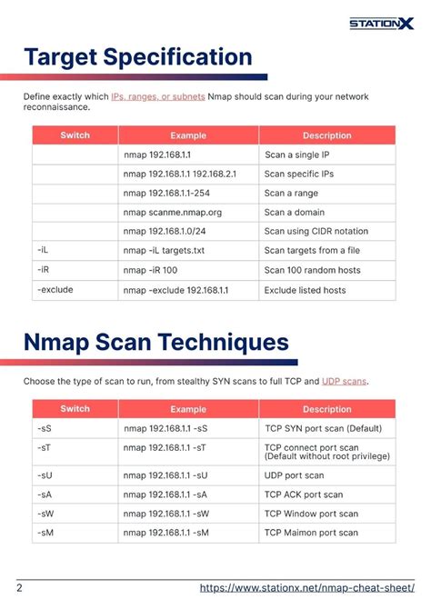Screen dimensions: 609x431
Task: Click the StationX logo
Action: [x=381, y=23]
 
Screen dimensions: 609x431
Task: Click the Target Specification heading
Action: [x=138, y=57]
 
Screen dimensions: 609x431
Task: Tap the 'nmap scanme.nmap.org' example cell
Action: [x=172, y=212]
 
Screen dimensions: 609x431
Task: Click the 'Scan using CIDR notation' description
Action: [x=316, y=231]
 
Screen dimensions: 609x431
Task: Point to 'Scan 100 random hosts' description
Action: [x=312, y=270]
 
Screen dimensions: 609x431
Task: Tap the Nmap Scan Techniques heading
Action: [x=156, y=343]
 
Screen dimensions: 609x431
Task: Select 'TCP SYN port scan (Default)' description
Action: [x=323, y=427]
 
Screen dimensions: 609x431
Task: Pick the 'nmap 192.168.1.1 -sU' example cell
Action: [x=165, y=474]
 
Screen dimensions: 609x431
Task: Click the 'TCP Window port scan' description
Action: [x=311, y=514]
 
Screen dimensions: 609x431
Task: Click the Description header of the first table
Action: [x=326, y=135]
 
